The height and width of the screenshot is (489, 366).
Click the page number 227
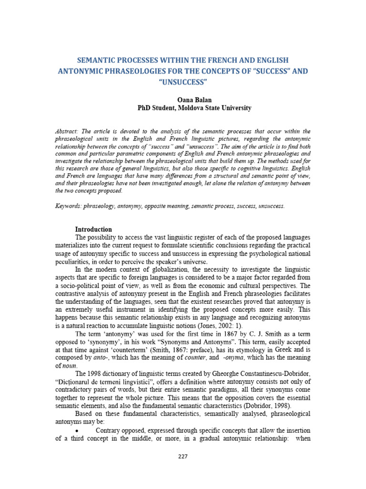coord(183,456)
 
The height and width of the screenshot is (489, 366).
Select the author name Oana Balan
coord(183,100)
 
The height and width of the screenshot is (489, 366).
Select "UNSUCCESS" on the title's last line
coord(183,82)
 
